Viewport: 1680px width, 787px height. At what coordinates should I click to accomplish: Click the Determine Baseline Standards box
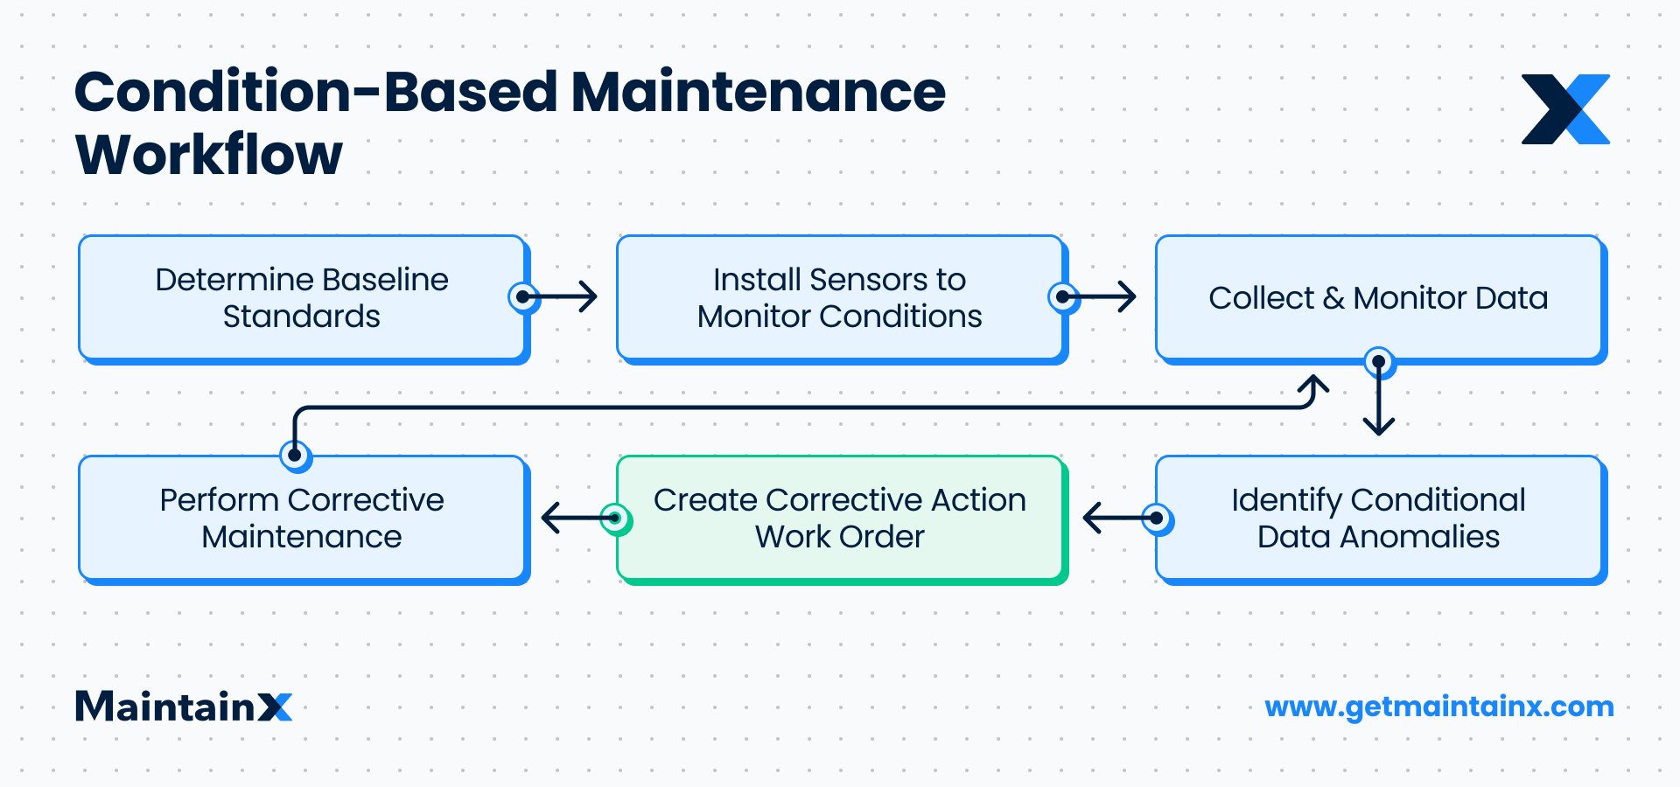coord(302,297)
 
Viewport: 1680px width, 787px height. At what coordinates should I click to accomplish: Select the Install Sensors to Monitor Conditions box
coord(839,297)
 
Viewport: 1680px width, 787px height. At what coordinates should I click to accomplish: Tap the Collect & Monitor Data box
coord(1378,297)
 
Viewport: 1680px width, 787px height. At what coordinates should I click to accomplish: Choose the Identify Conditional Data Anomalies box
coord(1378,518)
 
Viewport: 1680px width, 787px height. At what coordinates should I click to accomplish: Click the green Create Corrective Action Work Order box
coord(839,518)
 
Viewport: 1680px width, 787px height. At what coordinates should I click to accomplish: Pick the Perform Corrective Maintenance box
coord(302,518)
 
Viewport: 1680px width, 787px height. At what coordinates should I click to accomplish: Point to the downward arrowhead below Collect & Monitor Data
coord(1379,424)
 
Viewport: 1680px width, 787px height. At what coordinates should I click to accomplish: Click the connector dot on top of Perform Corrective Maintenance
coord(295,455)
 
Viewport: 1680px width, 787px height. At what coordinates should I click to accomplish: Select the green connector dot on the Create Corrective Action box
coord(615,518)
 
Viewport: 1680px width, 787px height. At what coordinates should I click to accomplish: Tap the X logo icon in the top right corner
coord(1565,109)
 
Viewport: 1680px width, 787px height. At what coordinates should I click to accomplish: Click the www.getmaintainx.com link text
coord(1438,707)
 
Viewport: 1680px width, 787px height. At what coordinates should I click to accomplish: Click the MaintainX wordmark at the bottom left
coord(184,707)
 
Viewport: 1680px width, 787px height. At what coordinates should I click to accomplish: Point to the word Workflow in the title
coord(209,156)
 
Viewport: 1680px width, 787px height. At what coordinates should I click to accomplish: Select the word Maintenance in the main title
coord(758,92)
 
